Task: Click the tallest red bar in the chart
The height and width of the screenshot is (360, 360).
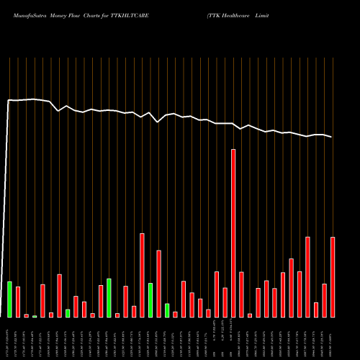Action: pyautogui.click(x=233, y=233)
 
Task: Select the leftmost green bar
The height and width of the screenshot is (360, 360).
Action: pyautogui.click(x=10, y=299)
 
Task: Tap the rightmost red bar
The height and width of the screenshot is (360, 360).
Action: pyautogui.click(x=333, y=276)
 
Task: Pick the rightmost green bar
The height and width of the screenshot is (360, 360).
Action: pyautogui.click(x=167, y=310)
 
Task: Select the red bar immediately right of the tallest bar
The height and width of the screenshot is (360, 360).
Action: pyautogui.click(x=241, y=294)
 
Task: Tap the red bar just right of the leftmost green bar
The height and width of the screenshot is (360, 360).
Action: pyautogui.click(x=18, y=302)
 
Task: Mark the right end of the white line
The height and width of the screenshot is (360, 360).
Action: pyautogui.click(x=332, y=137)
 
